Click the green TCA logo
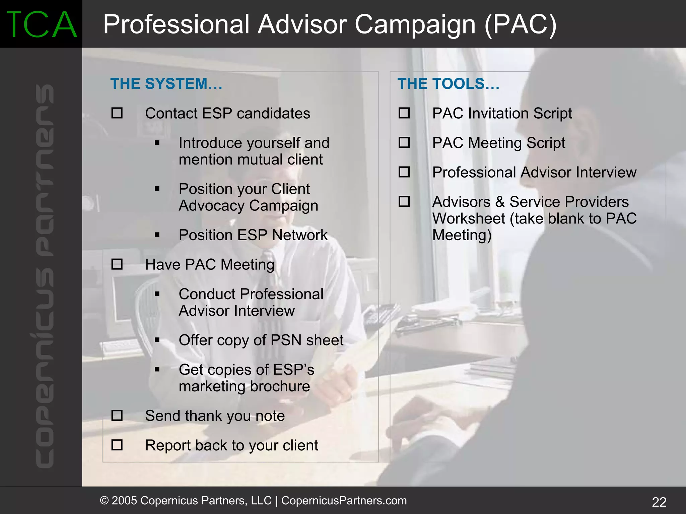[41, 24]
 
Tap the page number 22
[659, 502]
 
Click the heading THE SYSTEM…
[166, 84]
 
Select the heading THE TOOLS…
[448, 84]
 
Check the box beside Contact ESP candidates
[117, 113]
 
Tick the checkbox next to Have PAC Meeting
[117, 264]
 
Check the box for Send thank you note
[117, 415]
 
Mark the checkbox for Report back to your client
[117, 445]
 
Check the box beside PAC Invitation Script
[404, 113]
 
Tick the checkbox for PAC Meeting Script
[404, 142]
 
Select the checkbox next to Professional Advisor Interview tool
[404, 172]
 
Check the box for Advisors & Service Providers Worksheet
[404, 201]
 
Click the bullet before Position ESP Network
[157, 235]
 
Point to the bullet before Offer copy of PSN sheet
[157, 340]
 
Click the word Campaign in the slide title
[415, 25]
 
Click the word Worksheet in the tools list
[469, 218]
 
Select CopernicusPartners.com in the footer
[344, 500]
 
